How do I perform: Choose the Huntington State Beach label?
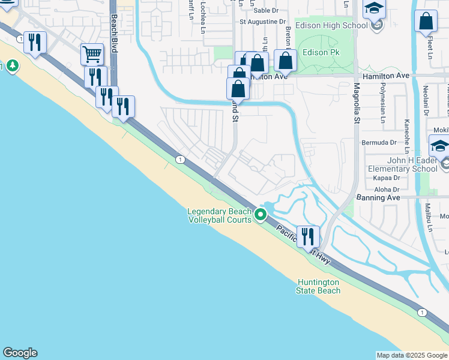tap(318, 286)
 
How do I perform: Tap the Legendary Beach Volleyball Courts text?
tap(219, 215)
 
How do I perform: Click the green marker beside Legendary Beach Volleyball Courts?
tap(261, 214)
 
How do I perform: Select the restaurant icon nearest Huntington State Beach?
tap(309, 236)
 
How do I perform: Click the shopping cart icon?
tap(92, 54)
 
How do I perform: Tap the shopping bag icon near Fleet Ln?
tap(426, 21)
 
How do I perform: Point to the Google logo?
tap(20, 353)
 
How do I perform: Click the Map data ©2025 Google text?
tap(412, 355)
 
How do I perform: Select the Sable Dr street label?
tap(266, 10)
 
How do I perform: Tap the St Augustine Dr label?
tap(263, 22)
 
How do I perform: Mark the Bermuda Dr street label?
tap(379, 143)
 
